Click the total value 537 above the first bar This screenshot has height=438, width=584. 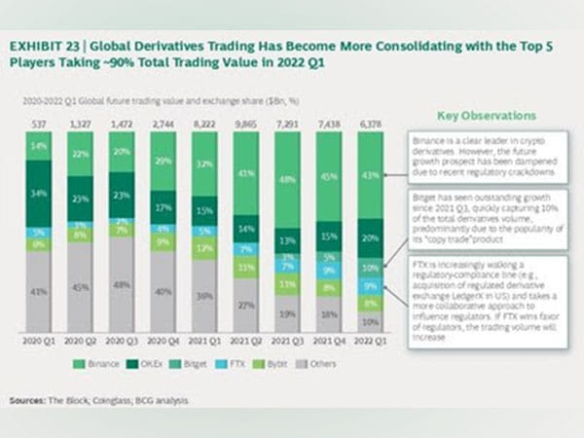[39, 125]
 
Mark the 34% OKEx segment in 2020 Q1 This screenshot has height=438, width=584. [39, 194]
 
